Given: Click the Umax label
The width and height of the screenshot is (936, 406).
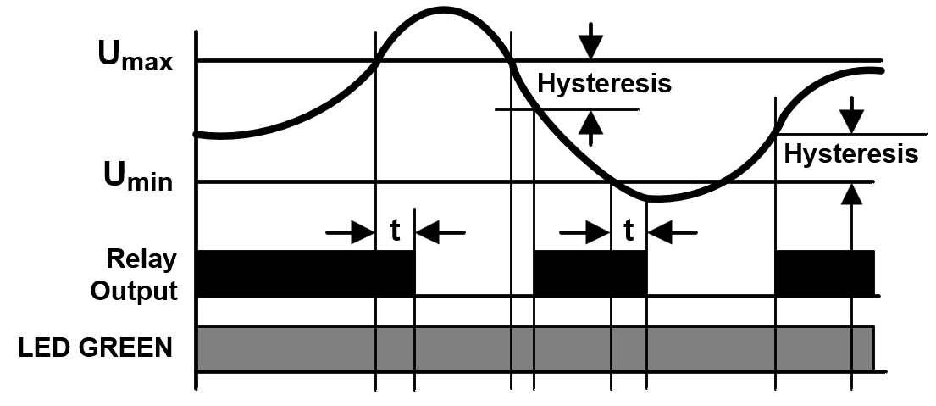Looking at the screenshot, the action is tap(136, 56).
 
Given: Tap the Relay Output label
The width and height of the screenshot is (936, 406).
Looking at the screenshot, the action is tap(135, 275).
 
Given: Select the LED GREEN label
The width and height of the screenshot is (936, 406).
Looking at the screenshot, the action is tap(96, 348).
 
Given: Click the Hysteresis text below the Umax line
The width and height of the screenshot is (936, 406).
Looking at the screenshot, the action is tap(604, 84).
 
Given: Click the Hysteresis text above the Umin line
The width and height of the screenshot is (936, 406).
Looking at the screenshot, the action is tap(850, 153).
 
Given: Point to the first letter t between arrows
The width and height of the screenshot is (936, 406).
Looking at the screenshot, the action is tap(396, 231).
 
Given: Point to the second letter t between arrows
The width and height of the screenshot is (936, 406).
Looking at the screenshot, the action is tap(629, 231).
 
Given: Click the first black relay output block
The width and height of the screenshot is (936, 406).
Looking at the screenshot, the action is tap(306, 274).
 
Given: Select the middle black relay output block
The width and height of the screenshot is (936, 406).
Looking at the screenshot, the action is tap(590, 274).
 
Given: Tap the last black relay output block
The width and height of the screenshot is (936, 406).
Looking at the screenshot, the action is tap(824, 274).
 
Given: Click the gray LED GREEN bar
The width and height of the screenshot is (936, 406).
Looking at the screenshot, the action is tap(535, 348).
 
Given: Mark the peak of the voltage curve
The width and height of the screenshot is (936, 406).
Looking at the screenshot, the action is tap(443, 9).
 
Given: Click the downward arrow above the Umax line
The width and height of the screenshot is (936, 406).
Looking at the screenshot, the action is tap(590, 41).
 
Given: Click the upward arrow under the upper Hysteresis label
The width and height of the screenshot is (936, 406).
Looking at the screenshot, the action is tap(590, 128).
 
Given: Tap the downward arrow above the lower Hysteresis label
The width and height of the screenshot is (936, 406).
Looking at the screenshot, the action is tap(852, 114).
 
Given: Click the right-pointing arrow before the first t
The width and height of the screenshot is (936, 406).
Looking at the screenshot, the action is tap(351, 231).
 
